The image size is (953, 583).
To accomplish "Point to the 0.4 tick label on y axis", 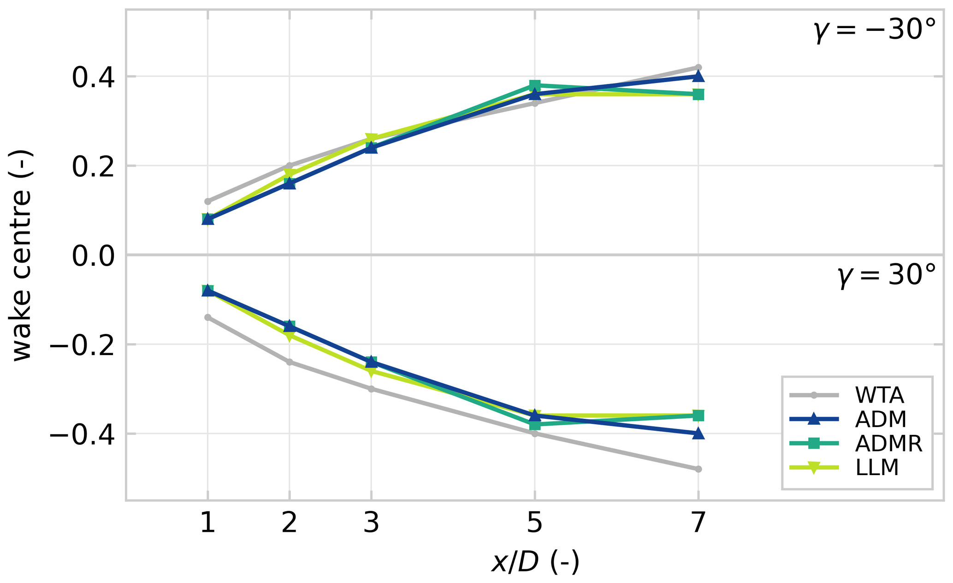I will [x=93, y=77].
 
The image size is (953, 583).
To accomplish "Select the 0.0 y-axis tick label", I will [x=93, y=256].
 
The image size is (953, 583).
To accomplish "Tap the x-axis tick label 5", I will [x=534, y=523].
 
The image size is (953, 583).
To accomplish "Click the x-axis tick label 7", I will [x=698, y=523].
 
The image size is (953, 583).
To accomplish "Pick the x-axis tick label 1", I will [x=207, y=523].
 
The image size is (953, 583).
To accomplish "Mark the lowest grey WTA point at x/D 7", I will [x=698, y=469].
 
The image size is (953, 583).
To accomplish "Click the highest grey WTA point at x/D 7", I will [x=698, y=67].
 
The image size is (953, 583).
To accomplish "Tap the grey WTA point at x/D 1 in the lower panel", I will [x=207, y=317].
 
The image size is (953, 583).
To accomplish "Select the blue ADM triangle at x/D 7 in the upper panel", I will [x=698, y=76].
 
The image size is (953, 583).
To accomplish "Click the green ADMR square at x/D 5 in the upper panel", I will [x=535, y=85].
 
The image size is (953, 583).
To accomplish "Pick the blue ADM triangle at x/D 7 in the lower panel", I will [x=698, y=434].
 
